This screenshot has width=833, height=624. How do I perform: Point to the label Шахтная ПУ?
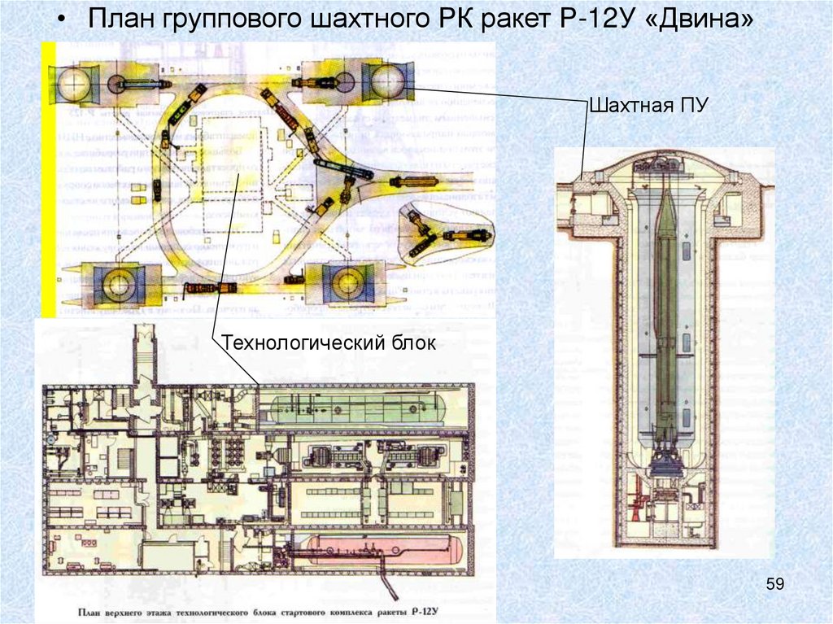648,105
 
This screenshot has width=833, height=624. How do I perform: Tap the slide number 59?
775,583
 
